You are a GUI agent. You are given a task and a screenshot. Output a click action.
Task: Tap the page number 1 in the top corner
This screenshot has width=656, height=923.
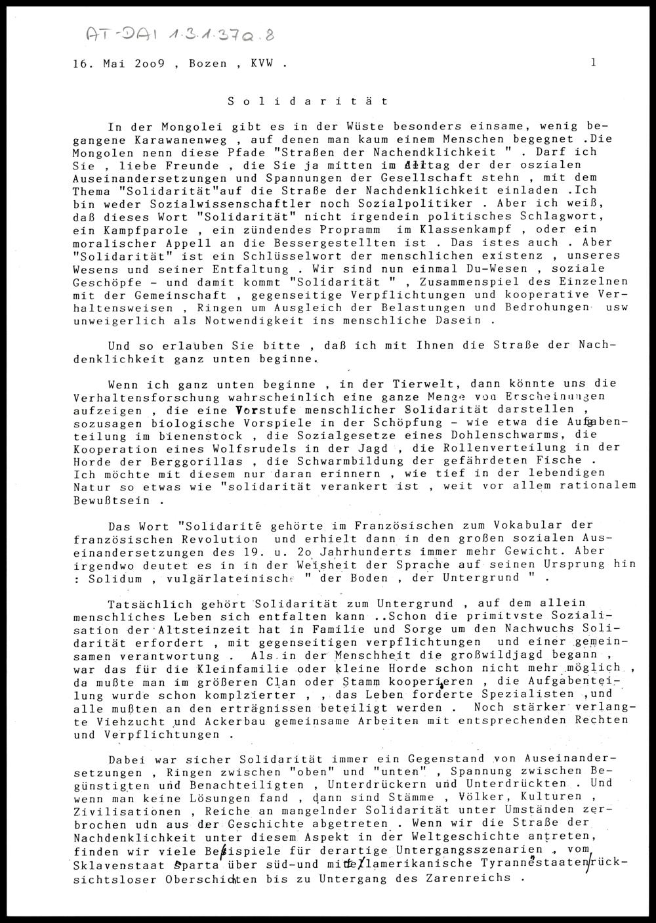[593, 63]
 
